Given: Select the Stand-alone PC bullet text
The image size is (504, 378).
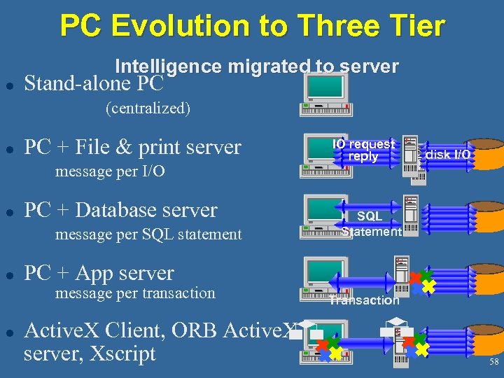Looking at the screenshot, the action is [94, 84].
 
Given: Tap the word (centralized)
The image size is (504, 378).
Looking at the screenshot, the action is [148, 108].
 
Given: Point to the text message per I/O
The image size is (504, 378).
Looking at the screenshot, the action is [110, 171].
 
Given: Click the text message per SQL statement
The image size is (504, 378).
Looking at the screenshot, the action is [148, 234].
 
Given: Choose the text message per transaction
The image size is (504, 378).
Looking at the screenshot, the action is [135, 293].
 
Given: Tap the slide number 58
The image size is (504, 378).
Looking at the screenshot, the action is [493, 362].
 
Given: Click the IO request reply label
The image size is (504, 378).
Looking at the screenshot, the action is [363, 150].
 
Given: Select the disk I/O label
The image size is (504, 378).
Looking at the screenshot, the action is [447, 154].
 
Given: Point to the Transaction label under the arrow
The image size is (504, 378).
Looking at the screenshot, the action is [365, 301].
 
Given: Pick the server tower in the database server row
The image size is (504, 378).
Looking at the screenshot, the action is [411, 213].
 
